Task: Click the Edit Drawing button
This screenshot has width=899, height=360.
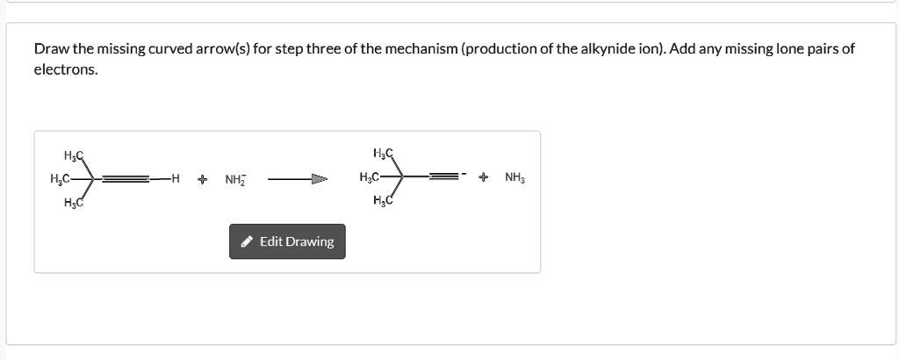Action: [x=287, y=241]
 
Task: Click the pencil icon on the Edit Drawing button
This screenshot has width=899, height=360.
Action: [x=247, y=242]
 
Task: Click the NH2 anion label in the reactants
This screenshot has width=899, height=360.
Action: [x=234, y=180]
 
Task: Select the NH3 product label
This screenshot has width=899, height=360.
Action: [x=514, y=177]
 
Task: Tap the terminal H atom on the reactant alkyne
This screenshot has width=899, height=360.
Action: [x=176, y=179]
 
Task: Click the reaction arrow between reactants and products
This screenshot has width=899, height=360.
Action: [x=298, y=179]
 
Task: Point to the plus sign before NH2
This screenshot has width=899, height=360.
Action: [x=202, y=179]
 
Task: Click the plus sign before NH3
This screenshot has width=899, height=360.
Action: [x=484, y=177]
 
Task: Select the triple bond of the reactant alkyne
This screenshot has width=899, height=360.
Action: [x=126, y=179]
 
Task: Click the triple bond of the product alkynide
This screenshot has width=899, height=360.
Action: [x=444, y=177]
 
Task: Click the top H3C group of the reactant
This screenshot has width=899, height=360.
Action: [x=74, y=155]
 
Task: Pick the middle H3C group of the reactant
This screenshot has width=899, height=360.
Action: [x=61, y=179]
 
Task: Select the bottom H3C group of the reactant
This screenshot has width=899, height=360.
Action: [x=74, y=202]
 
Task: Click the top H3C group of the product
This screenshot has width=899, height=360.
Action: [x=383, y=153]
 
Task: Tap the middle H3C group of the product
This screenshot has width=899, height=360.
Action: [x=370, y=177]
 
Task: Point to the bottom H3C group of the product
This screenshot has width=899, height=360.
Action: [x=383, y=200]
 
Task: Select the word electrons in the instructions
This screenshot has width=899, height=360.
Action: [x=66, y=70]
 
